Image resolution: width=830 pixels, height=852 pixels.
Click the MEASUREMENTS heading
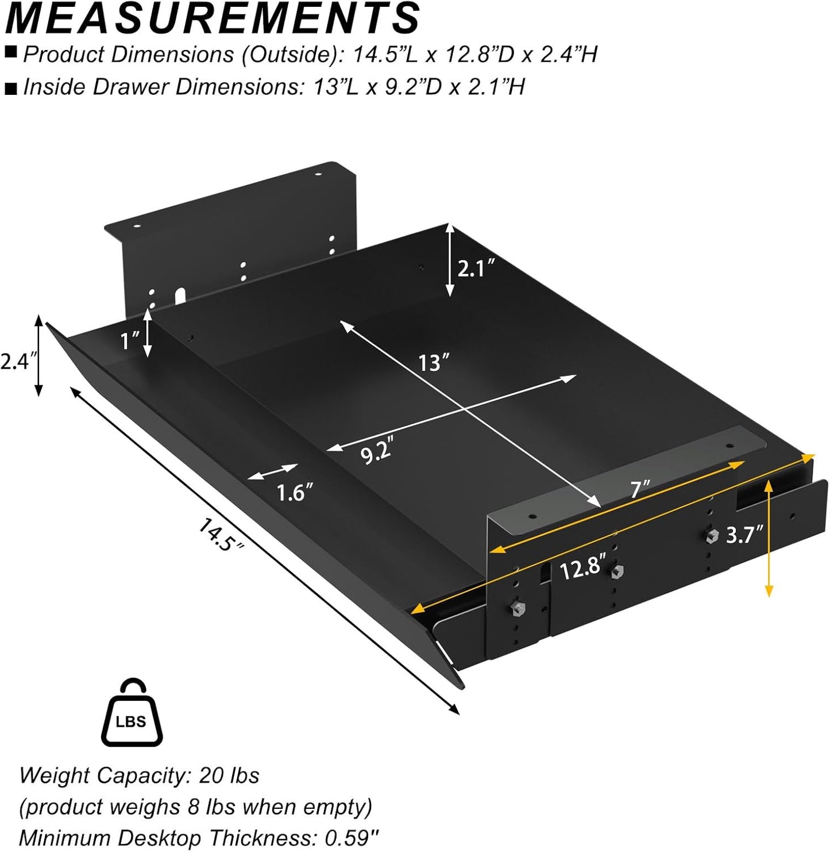coord(213,18)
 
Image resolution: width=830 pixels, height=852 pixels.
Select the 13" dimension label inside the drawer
coord(433,363)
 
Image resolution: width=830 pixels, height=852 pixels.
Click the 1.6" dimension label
coord(295,493)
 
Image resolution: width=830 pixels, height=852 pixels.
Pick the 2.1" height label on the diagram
coord(476,268)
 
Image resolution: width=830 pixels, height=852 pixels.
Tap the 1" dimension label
coord(129,341)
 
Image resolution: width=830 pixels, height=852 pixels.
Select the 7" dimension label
coord(639,489)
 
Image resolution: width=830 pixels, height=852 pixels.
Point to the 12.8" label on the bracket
coord(582,569)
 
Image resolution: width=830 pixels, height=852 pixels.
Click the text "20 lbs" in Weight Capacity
coord(229,776)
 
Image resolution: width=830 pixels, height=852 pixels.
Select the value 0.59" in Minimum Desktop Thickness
coord(350,838)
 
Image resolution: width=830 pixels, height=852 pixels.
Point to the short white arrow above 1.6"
coord(273,472)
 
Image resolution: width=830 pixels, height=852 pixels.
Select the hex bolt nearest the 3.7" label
coord(712,536)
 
